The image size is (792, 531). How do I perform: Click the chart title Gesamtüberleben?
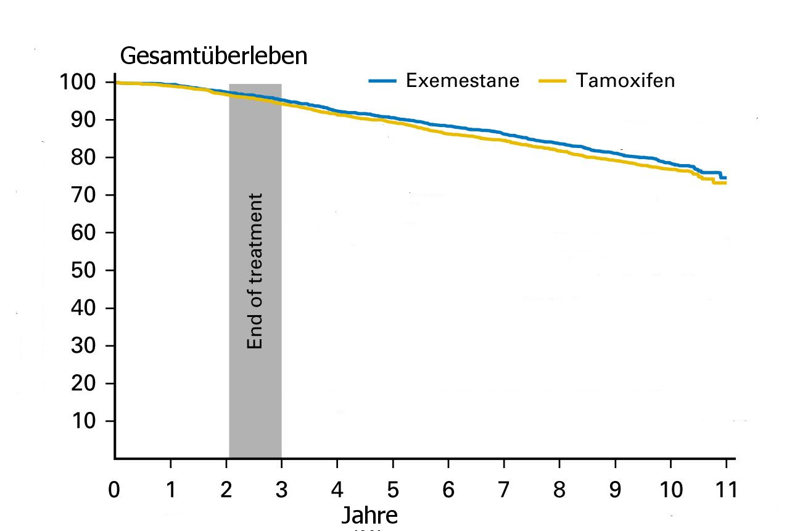tap(213, 56)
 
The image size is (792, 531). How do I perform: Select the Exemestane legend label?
tap(463, 81)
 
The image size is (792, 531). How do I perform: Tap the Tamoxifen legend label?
tap(625, 81)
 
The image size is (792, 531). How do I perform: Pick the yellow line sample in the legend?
tap(552, 81)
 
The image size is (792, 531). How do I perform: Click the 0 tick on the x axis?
tap(115, 491)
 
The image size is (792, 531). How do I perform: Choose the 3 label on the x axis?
tap(282, 491)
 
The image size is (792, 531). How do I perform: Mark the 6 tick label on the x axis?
tap(448, 491)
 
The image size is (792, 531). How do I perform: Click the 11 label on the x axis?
tap(726, 491)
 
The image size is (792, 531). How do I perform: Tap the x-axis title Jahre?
tap(369, 516)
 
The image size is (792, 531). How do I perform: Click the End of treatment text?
tap(255, 271)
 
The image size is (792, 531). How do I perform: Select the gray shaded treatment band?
tap(255, 401)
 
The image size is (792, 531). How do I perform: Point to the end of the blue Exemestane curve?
tap(725, 178)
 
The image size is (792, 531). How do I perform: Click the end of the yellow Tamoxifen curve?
tap(725, 183)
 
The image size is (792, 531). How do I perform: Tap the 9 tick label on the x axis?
tap(616, 491)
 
